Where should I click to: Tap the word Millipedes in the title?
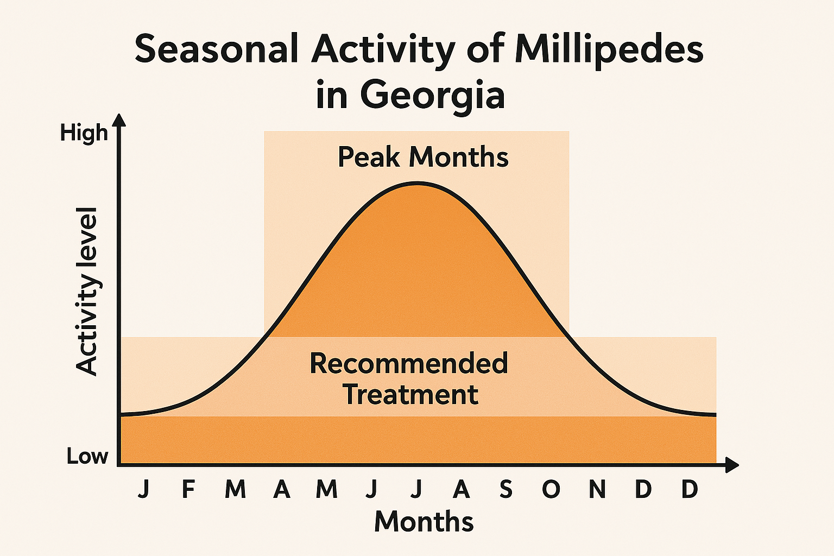(609, 49)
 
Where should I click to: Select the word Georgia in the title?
(432, 96)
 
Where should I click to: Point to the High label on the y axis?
(84, 133)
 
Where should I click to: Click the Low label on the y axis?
(87, 456)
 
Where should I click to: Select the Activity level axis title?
(87, 291)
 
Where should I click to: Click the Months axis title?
(424, 522)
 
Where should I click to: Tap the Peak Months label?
(423, 157)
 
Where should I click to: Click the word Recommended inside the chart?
(408, 363)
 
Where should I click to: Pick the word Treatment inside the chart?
(411, 394)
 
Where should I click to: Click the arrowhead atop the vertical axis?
(119, 120)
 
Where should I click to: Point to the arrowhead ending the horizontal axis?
(732, 465)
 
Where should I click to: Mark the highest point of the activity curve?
(417, 184)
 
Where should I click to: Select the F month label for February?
(188, 489)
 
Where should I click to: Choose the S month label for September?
(506, 489)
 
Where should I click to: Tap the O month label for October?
(551, 489)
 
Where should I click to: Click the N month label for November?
(597, 489)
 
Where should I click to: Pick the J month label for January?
(143, 489)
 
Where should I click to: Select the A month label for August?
(461, 489)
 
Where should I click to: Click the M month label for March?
(235, 489)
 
